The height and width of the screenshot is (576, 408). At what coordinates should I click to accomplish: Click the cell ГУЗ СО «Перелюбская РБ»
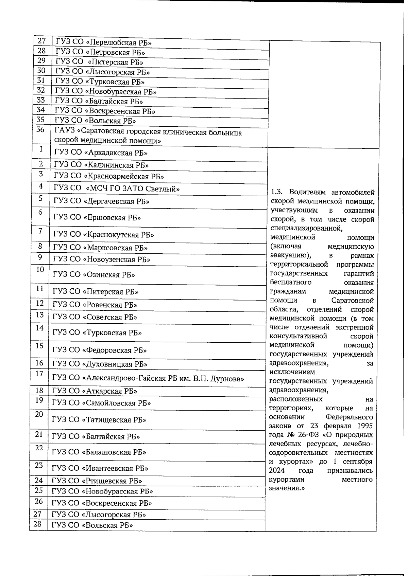coord(104,43)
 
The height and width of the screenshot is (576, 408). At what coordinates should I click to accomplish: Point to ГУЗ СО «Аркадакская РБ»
coord(103,153)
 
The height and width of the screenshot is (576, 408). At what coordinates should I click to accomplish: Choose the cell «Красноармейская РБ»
coord(109,177)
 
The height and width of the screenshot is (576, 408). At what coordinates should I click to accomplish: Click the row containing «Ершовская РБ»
coord(97,218)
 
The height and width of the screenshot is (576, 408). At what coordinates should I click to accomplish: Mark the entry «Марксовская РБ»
coord(101,248)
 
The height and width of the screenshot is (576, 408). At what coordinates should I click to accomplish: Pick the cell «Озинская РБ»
coord(94,275)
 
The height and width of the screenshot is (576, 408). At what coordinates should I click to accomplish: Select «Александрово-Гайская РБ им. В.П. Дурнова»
coord(148,378)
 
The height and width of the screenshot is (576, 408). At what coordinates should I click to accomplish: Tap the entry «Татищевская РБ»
coord(99,420)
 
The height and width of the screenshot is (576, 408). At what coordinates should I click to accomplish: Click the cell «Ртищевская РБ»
coord(97,481)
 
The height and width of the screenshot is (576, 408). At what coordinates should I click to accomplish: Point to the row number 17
coord(39,374)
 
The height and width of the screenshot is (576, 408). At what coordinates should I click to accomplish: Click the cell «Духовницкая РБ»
coord(100,364)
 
